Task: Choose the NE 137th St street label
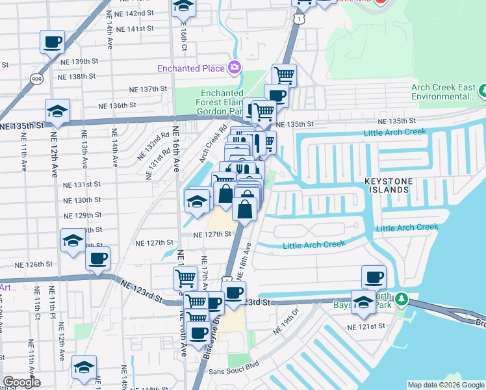coord(148,88)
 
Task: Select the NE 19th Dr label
coord(286,322)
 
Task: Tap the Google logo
coord(21,382)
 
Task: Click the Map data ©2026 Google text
coord(445,385)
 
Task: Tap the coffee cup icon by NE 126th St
coord(98,259)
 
